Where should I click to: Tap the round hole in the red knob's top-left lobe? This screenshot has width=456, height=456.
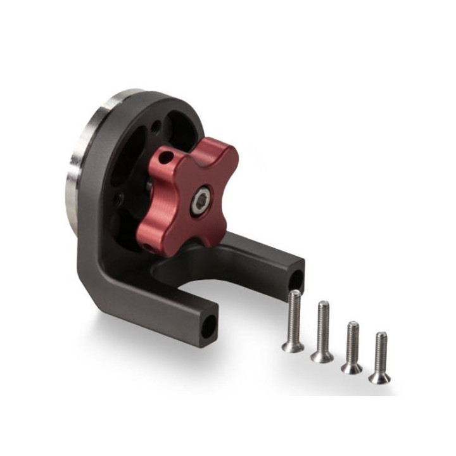(165, 155)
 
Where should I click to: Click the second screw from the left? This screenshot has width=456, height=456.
(322, 331)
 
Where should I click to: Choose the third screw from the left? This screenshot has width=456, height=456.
(352, 347)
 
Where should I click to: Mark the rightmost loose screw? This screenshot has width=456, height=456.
(380, 357)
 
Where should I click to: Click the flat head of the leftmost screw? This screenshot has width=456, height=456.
(292, 346)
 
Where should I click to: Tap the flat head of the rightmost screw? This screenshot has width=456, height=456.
(380, 377)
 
